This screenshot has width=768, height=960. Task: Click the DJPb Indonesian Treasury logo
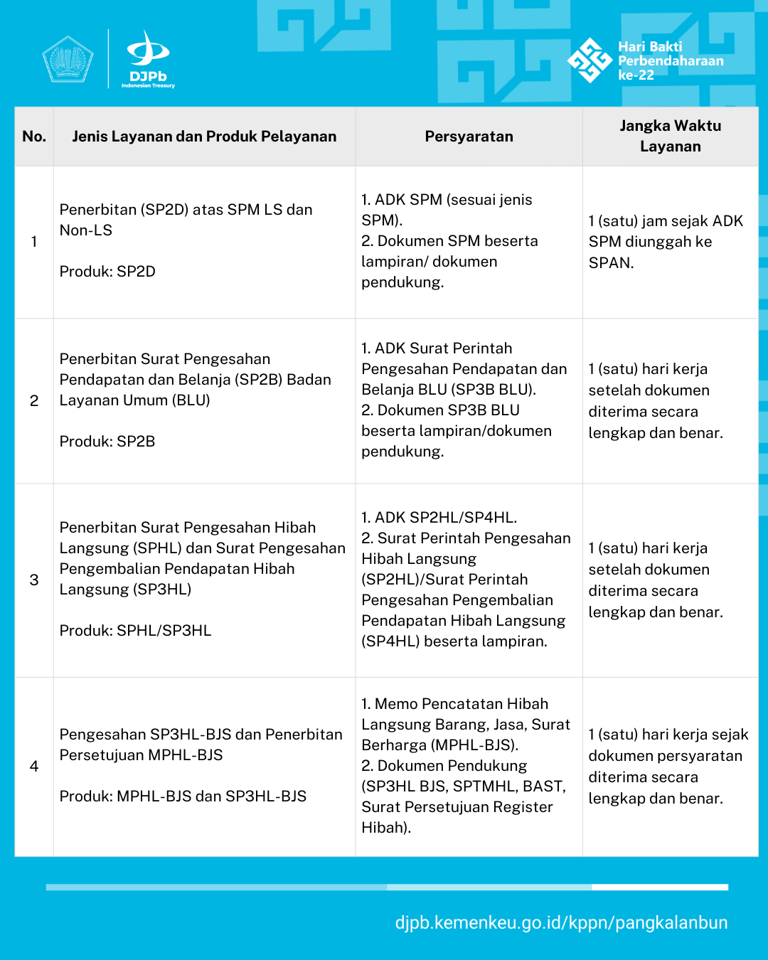(x=148, y=60)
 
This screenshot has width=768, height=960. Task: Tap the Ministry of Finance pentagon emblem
(x=68, y=60)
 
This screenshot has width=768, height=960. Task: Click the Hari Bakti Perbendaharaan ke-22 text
(x=670, y=60)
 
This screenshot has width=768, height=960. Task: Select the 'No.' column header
(x=34, y=137)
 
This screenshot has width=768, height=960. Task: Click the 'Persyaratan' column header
(x=469, y=137)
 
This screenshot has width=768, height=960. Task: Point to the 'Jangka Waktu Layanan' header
(x=670, y=136)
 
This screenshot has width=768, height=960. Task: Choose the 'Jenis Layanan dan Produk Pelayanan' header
(x=204, y=137)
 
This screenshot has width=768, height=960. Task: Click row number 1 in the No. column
(x=34, y=242)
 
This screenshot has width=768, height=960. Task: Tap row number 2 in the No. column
(x=34, y=400)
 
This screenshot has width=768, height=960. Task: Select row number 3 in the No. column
(x=34, y=580)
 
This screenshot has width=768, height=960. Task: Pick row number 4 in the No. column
(x=34, y=766)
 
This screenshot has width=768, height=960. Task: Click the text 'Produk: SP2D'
(x=107, y=272)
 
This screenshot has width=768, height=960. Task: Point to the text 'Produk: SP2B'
(x=107, y=442)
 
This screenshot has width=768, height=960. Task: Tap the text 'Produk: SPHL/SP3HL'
(x=135, y=631)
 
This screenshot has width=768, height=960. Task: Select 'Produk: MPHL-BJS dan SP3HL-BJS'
(x=183, y=796)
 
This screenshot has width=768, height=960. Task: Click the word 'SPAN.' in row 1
(x=611, y=263)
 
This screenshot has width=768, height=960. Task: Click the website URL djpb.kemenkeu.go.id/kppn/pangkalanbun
(x=561, y=923)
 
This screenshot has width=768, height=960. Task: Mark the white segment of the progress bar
(x=660, y=887)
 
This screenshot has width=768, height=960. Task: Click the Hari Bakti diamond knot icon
(x=590, y=60)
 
